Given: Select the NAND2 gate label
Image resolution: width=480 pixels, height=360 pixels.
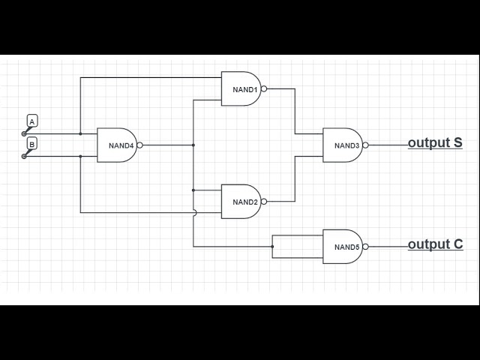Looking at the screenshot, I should [x=244, y=202].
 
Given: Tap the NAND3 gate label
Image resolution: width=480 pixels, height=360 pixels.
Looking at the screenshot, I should [x=346, y=145].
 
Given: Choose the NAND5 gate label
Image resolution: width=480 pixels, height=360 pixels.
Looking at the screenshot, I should [x=346, y=247].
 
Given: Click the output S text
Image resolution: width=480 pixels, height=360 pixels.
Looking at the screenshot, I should [x=435, y=142].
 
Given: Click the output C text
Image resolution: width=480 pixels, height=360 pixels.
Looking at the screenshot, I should [x=435, y=244].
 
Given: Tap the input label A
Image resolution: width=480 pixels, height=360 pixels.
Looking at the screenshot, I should [x=32, y=121].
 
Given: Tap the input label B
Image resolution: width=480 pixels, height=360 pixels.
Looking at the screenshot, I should [x=32, y=142].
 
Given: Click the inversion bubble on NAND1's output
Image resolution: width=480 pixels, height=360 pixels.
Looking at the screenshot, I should [x=264, y=88].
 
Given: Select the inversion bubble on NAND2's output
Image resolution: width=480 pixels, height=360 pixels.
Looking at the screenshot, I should [x=264, y=201].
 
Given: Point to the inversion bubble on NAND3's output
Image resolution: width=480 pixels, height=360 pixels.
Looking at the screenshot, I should [x=366, y=145].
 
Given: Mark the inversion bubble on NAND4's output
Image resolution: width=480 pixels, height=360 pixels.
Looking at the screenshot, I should [x=140, y=145].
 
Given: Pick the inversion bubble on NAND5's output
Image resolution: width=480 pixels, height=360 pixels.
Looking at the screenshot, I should [x=366, y=246].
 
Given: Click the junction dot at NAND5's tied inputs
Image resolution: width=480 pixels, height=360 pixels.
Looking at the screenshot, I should [x=272, y=246].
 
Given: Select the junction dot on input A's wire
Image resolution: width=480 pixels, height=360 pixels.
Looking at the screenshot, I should [x=80, y=134].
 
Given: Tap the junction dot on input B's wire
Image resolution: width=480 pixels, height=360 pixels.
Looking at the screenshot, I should [x=80, y=157].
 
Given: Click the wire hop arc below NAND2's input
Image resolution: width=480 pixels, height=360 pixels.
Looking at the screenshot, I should [x=194, y=212].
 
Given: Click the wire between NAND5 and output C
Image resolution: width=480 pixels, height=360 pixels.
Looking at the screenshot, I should [x=388, y=246].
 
